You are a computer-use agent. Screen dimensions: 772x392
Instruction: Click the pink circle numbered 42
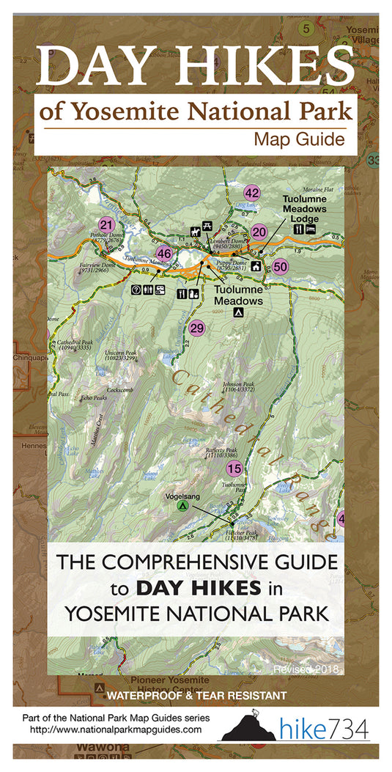coord(252,194)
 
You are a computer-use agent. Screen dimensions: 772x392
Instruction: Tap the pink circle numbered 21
coord(107,225)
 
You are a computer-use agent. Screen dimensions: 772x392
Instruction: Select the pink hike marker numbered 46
coord(164,254)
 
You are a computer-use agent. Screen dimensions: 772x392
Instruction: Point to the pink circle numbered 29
coord(196,328)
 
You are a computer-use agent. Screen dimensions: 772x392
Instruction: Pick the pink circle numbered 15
coord(234,468)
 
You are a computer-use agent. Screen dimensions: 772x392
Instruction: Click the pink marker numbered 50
coord(280,268)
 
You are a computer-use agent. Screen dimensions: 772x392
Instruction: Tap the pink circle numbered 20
coord(259,232)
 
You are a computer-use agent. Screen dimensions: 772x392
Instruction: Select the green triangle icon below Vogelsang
coord(183,506)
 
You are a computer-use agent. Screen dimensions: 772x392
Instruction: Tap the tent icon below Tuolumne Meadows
coord(237,313)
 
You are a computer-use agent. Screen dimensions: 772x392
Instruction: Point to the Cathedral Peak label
coord(70,345)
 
